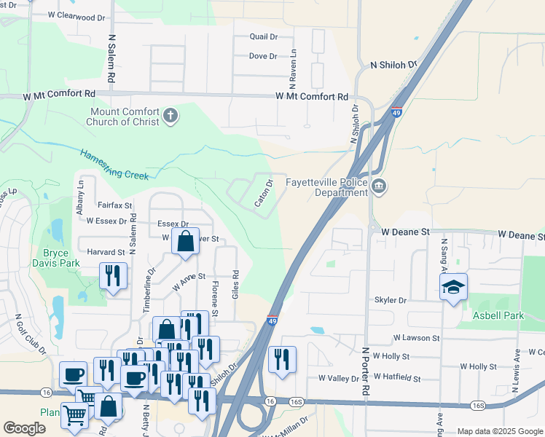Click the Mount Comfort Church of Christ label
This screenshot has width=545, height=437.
pyautogui.click(x=124, y=117)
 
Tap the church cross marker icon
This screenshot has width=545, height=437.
pyautogui.click(x=170, y=116)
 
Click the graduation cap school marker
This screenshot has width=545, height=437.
pyautogui.click(x=453, y=287)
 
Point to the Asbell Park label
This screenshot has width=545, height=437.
pyautogui.click(x=498, y=315)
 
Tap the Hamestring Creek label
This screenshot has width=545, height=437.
pyautogui.click(x=114, y=165)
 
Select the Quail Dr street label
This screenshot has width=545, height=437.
pyautogui.click(x=264, y=36)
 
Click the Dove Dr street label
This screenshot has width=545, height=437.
pyautogui.click(x=263, y=56)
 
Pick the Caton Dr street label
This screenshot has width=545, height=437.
pyautogui.click(x=264, y=193)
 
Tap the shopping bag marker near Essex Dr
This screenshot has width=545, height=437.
pyautogui.click(x=186, y=240)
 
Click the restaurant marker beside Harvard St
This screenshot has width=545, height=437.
pyautogui.click(x=112, y=276)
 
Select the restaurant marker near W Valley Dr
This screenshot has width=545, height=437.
pyautogui.click(x=282, y=359)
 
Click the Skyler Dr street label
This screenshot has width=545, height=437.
pyautogui.click(x=390, y=299)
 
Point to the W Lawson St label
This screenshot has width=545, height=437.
pyautogui.click(x=416, y=338)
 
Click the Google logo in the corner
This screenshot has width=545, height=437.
pyautogui.click(x=24, y=428)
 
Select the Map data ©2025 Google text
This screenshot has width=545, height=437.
pyautogui.click(x=499, y=431)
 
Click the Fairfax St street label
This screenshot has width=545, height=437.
pyautogui.click(x=114, y=206)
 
